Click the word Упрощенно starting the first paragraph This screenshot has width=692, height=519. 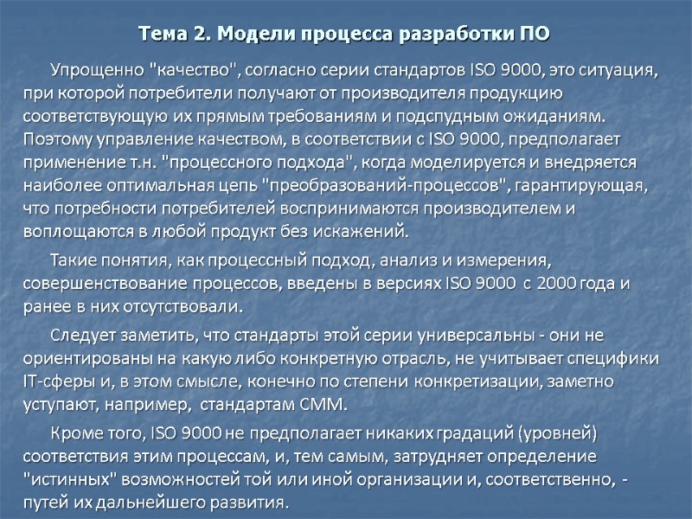tap(96, 71)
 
